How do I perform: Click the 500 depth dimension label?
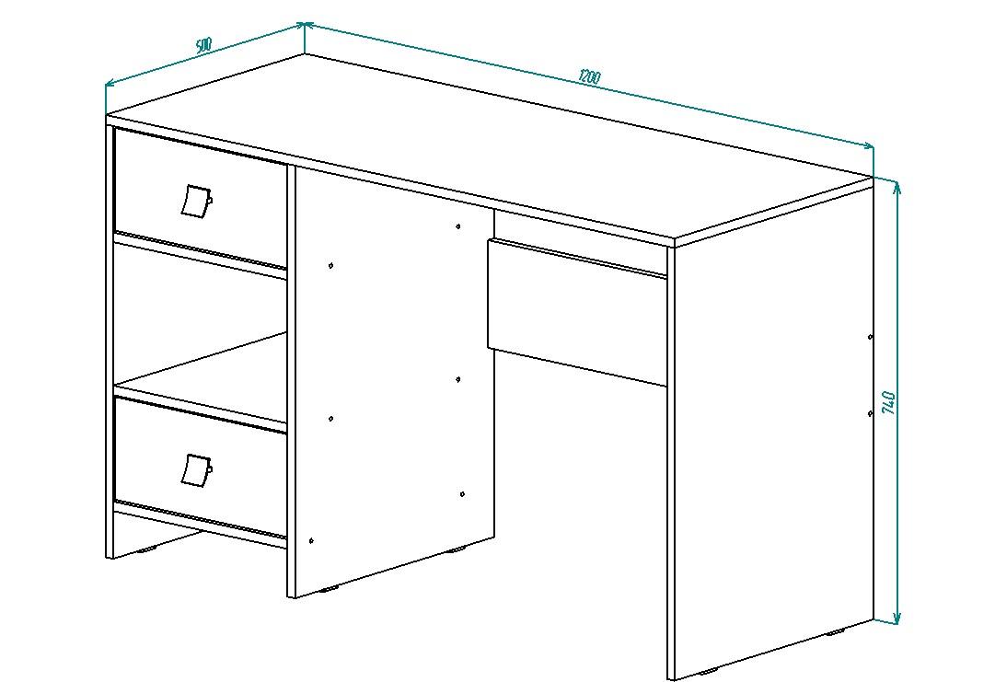[203, 46]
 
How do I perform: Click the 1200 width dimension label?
[589, 76]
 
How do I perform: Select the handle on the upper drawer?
[196, 202]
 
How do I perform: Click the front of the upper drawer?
[200, 199]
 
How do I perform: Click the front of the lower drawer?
[200, 468]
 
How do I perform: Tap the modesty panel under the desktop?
[577, 312]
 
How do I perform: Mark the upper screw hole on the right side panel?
[870, 337]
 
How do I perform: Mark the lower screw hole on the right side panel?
[870, 413]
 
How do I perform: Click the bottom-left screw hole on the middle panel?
[311, 540]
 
